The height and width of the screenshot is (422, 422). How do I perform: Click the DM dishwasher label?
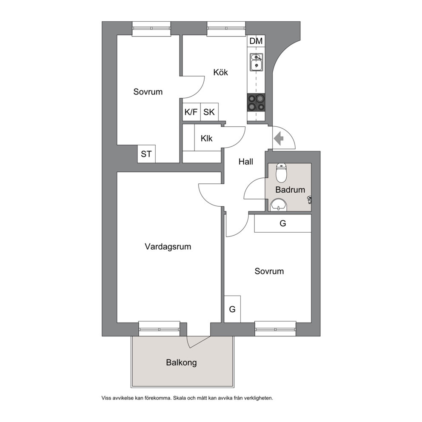[256, 41]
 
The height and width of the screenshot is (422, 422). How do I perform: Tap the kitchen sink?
[256, 62]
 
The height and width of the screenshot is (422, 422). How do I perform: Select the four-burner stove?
[256, 103]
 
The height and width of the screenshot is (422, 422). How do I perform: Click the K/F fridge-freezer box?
[191, 112]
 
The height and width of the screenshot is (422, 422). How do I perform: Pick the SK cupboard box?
[209, 112]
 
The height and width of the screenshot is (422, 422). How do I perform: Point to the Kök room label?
[220, 72]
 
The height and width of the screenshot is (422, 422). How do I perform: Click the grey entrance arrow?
[279, 138]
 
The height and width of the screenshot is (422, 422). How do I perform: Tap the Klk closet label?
[206, 138]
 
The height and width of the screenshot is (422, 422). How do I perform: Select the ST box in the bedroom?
[146, 154]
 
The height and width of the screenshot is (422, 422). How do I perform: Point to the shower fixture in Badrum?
[310, 200]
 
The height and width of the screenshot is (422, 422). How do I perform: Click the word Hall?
[246, 162]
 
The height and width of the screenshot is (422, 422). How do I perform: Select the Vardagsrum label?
[168, 247]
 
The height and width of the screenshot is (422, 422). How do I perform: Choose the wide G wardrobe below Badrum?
[282, 223]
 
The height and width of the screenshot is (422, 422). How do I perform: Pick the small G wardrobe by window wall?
[232, 309]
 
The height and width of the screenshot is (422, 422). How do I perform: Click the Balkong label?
[181, 362]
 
